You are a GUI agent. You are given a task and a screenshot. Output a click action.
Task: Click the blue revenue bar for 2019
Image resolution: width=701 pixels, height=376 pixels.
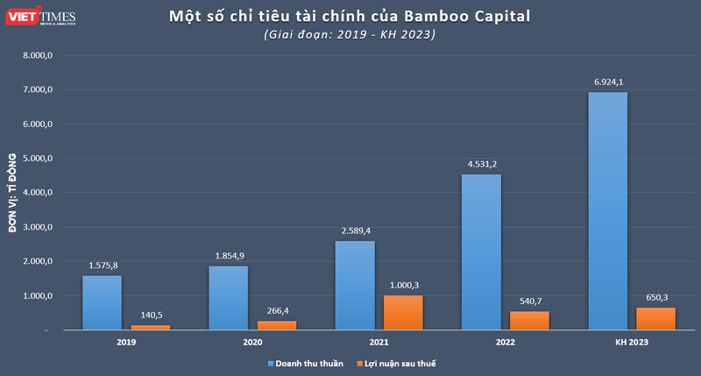pyautogui.click(x=102, y=302)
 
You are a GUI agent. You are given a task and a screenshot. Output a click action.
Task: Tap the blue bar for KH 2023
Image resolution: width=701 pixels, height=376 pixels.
pyautogui.click(x=607, y=211)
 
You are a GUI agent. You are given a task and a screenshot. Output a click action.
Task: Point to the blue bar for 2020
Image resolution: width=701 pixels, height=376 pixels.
pyautogui.click(x=229, y=298)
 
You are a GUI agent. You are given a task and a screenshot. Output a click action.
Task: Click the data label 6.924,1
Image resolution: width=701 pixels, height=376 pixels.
pyautogui.click(x=607, y=82)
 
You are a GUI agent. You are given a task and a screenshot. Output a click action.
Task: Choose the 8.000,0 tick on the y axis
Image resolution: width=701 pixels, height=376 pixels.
pyautogui.click(x=39, y=55)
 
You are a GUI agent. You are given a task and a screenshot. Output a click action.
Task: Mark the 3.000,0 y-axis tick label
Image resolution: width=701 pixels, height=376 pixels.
pyautogui.click(x=39, y=227)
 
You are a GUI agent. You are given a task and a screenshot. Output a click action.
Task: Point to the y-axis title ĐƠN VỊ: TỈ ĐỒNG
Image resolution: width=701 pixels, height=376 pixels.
pyautogui.click(x=13, y=192)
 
